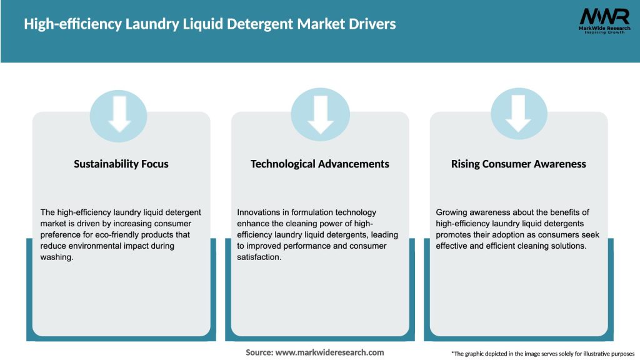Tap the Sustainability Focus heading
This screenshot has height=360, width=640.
(121, 164)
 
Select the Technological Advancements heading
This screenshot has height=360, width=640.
(320, 164)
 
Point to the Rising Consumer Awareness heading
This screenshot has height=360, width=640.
(519, 164)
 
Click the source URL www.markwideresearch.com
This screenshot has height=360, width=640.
(330, 352)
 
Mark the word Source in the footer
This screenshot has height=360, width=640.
(259, 352)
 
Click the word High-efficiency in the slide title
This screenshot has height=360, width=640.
(71, 24)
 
